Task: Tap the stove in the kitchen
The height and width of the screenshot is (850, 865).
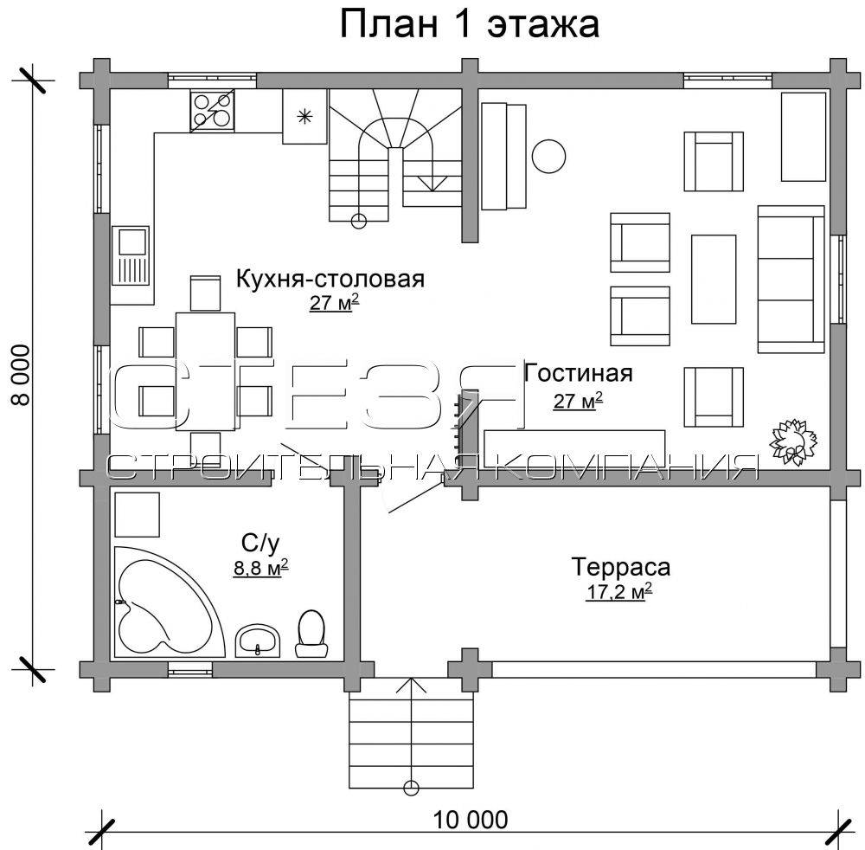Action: pyautogui.click(x=213, y=112)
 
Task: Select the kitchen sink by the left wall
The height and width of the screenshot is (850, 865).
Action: pyautogui.click(x=131, y=255)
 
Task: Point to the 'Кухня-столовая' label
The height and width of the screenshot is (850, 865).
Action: pyautogui.click(x=330, y=280)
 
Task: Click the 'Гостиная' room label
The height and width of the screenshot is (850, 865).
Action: pyautogui.click(x=578, y=373)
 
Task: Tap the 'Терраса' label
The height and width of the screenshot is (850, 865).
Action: pyautogui.click(x=620, y=567)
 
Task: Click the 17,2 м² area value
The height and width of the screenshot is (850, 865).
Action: pyautogui.click(x=619, y=592)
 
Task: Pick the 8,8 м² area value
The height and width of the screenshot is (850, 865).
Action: pyautogui.click(x=261, y=568)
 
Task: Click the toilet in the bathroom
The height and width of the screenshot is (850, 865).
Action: pyautogui.click(x=311, y=633)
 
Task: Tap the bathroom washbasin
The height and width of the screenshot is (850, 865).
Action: pyautogui.click(x=258, y=641)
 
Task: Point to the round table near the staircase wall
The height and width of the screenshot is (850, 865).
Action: pyautogui.click(x=549, y=156)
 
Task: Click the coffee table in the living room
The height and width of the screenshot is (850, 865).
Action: pyautogui.click(x=714, y=279)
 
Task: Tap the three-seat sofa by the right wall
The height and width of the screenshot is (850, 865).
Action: pyautogui.click(x=791, y=279)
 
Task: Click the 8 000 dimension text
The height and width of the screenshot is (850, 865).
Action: pyautogui.click(x=22, y=376)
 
